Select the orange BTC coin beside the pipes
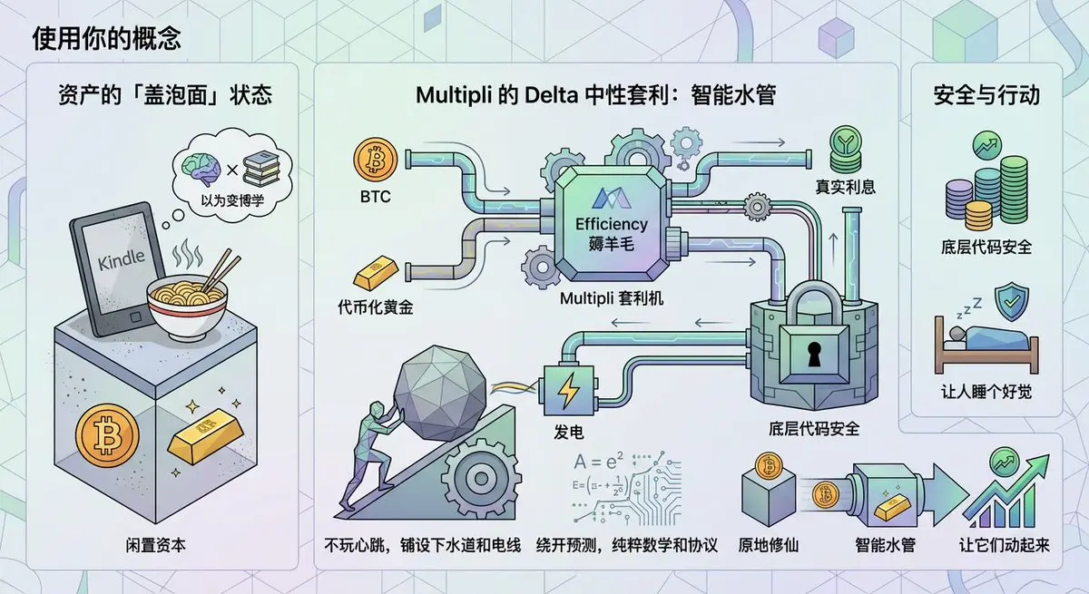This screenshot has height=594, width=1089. (x=375, y=161)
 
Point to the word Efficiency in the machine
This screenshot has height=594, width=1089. (x=612, y=224)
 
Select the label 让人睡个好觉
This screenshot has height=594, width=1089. (x=986, y=394)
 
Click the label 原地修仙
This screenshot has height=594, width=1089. (x=762, y=546)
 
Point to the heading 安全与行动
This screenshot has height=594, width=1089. (x=986, y=94)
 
